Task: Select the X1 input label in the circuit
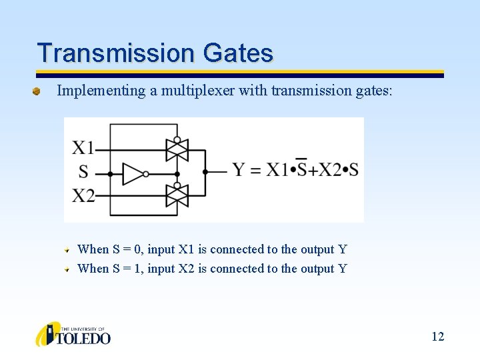tap(83, 147)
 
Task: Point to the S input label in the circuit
tap(83, 172)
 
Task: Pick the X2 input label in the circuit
tap(83, 196)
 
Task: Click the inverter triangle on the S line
tap(133, 173)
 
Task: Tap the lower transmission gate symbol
tap(177, 196)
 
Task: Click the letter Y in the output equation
tap(239, 170)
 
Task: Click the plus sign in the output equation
tap(313, 171)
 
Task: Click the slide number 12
tap(437, 337)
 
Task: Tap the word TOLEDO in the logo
tap(85, 338)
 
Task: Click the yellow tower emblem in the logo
tap(48, 334)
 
